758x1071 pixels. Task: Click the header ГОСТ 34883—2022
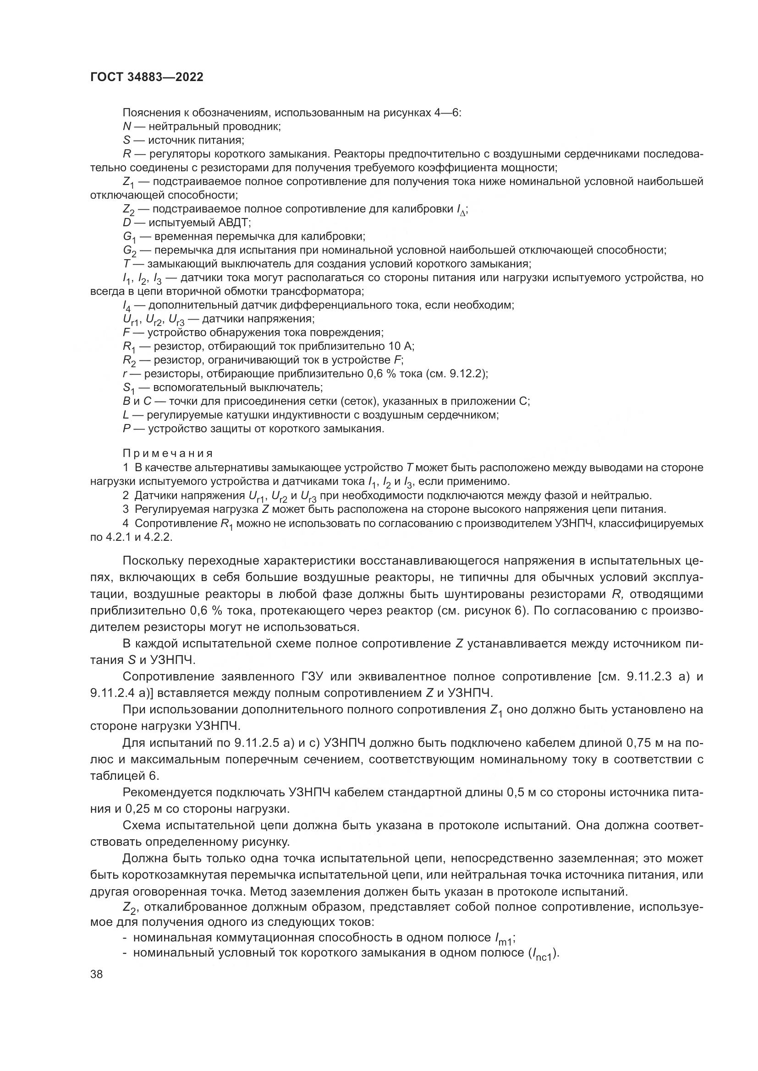tap(147, 77)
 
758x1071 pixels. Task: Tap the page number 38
tap(97, 974)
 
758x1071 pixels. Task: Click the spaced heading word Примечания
tap(168, 453)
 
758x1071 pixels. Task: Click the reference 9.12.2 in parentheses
tap(468, 374)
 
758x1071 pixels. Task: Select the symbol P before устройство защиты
tap(126, 428)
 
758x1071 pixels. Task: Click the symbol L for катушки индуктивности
tap(126, 415)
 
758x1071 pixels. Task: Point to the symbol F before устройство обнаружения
tap(126, 332)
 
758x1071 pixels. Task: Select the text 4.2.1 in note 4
tap(119, 537)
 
